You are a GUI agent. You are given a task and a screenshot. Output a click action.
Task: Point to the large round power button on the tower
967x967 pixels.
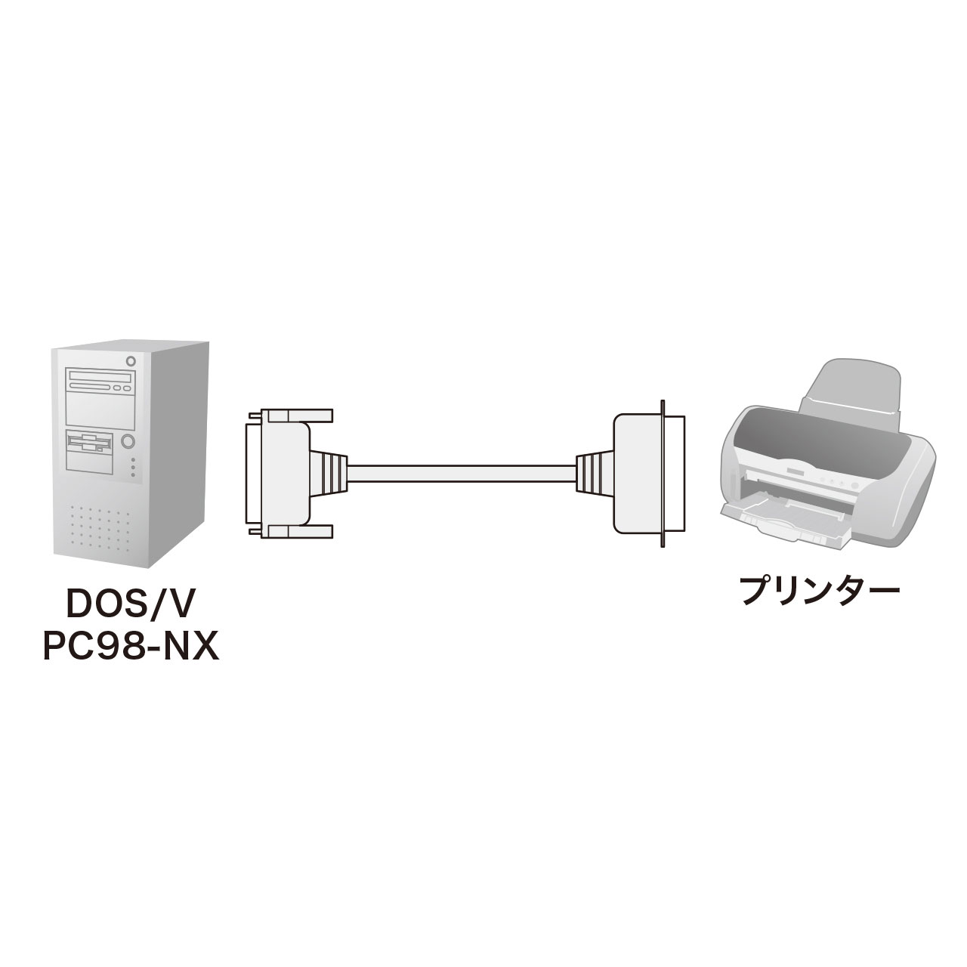point(128,440)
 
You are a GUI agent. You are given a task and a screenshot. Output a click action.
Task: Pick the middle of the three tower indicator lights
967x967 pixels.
point(133,468)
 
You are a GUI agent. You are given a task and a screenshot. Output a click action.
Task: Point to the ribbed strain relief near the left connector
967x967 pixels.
point(329,474)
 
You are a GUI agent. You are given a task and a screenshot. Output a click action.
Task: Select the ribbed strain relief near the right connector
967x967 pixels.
point(594,474)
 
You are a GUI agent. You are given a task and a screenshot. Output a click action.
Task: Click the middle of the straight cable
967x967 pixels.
point(461,474)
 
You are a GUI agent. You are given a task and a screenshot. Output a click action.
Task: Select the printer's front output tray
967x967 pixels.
point(778,521)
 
